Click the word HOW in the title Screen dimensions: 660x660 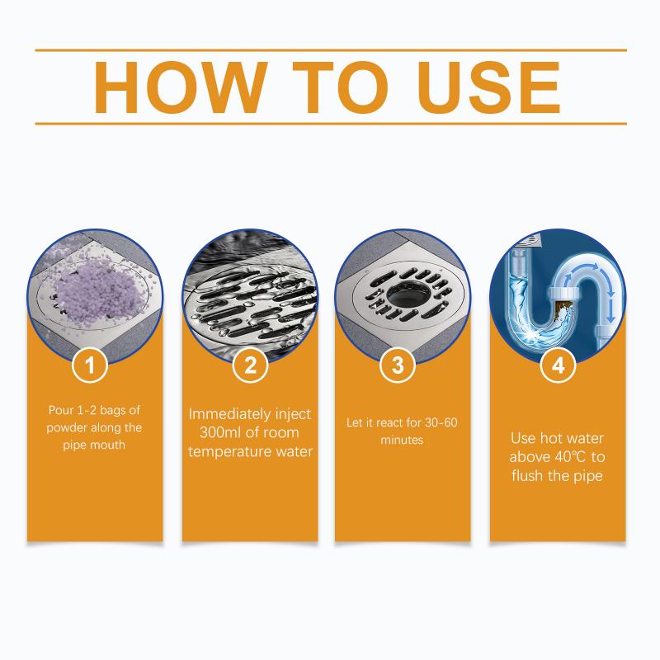[x=181, y=87]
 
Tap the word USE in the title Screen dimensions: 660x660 [x=488, y=87]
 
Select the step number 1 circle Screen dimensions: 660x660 [x=90, y=365]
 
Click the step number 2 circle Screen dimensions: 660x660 [x=250, y=365]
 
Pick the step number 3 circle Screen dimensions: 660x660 [x=398, y=365]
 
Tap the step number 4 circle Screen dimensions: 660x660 [x=559, y=365]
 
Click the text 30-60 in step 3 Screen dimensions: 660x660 [x=441, y=422]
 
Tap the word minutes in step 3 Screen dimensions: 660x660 [x=402, y=441]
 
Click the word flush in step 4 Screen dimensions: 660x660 [x=527, y=476]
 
